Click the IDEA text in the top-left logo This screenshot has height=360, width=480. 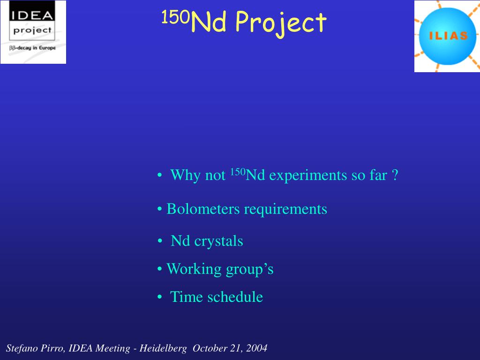pyautogui.click(x=32, y=15)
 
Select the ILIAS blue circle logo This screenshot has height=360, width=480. pyautogui.click(x=447, y=36)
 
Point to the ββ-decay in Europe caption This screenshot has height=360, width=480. pyautogui.click(x=32, y=48)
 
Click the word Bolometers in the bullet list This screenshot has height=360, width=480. pyautogui.click(x=203, y=209)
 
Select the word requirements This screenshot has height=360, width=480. pyautogui.click(x=285, y=210)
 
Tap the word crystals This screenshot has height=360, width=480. pyautogui.click(x=218, y=241)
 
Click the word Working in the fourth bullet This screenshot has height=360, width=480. pyautogui.click(x=194, y=270)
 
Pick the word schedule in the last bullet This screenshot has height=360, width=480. pyautogui.click(x=235, y=297)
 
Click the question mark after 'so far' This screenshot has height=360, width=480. pyautogui.click(x=395, y=175)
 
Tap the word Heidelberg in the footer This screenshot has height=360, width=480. pyautogui.click(x=163, y=348)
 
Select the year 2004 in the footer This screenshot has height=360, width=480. pyautogui.click(x=256, y=348)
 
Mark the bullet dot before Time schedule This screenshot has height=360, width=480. pyautogui.click(x=159, y=297)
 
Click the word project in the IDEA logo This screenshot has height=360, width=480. pyautogui.click(x=32, y=30)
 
